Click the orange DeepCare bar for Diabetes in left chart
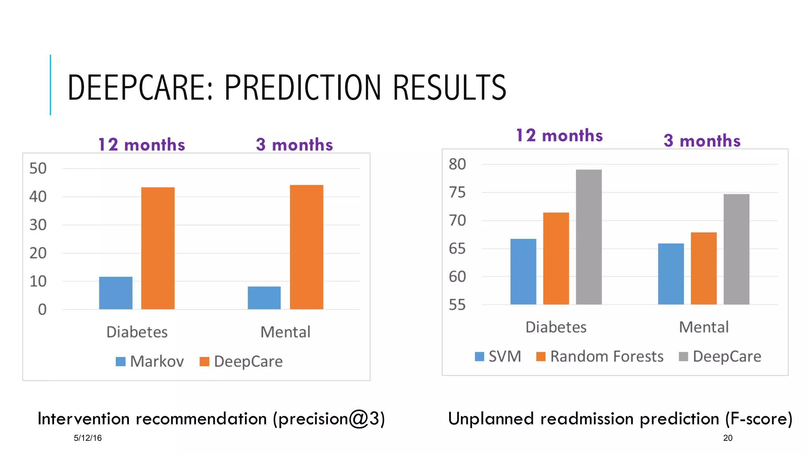(158, 248)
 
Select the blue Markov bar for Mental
(264, 298)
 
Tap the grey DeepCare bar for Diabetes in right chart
(589, 237)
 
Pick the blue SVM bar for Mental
(671, 274)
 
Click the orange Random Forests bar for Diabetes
(556, 259)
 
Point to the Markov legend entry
(150, 361)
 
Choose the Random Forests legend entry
(600, 357)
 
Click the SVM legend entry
(498, 357)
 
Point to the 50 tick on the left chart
(38, 169)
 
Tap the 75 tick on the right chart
(457, 193)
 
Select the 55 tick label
(457, 305)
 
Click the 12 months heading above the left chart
(141, 145)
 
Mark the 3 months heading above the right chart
(702, 141)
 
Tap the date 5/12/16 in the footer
(87, 438)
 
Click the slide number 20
(727, 438)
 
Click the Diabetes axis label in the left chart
(137, 332)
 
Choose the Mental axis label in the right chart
(703, 327)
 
